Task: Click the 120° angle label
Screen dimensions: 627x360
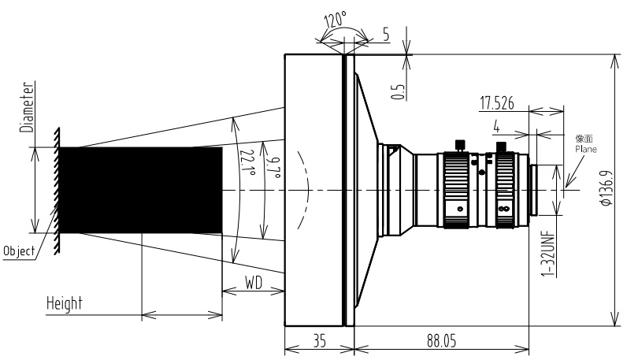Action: click(335, 20)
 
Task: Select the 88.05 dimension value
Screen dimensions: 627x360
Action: click(441, 341)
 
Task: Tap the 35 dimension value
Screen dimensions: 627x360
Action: click(320, 341)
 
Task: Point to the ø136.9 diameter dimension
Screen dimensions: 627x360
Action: click(607, 188)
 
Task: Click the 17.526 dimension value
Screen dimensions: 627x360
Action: click(497, 103)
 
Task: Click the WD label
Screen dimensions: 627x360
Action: click(254, 283)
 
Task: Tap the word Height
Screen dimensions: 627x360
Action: click(65, 303)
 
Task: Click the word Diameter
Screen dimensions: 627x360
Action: click(28, 107)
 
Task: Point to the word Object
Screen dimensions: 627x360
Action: click(19, 251)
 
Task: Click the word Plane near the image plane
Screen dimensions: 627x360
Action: click(586, 149)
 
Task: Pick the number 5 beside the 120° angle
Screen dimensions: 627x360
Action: click(386, 35)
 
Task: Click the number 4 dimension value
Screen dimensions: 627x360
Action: click(497, 127)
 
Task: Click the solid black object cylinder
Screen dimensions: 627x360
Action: click(141, 190)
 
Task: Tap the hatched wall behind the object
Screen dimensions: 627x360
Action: click(57, 191)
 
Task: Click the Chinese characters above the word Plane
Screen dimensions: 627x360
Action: click(584, 139)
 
